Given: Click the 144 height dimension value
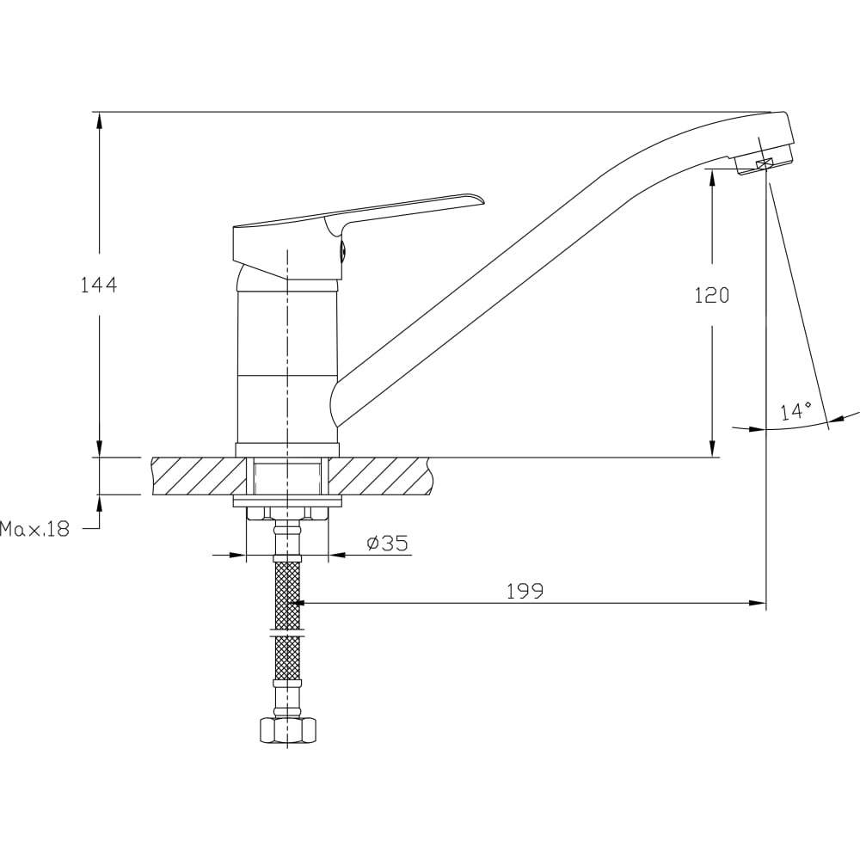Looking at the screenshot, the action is click(99, 286).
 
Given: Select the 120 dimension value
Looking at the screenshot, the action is click(712, 296).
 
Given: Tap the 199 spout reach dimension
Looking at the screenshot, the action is click(525, 592).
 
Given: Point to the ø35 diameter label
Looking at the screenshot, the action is click(388, 543).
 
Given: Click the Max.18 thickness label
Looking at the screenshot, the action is click(35, 529).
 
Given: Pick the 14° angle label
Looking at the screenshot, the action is click(796, 411).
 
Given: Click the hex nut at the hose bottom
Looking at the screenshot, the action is click(287, 730).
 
